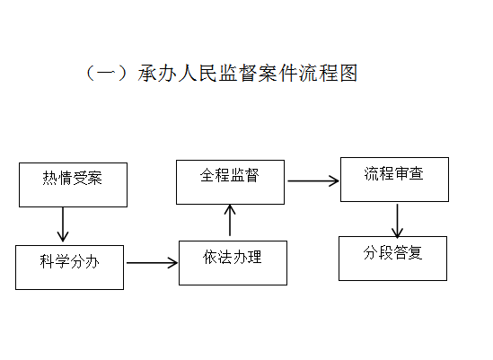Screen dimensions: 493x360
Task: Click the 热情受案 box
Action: click(x=73, y=185)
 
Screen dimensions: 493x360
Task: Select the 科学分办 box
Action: click(x=69, y=268)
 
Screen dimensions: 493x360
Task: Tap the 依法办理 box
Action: click(x=233, y=263)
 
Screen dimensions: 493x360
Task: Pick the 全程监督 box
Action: click(x=231, y=182)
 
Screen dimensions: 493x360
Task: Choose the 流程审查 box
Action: click(x=394, y=180)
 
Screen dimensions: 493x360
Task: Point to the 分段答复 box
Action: click(x=392, y=259)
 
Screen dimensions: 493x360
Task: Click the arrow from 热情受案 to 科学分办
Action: click(x=63, y=224)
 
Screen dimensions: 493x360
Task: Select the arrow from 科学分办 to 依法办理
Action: click(x=152, y=263)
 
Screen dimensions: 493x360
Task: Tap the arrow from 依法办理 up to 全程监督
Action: click(x=230, y=220)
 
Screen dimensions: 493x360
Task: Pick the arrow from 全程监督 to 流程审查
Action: click(x=313, y=180)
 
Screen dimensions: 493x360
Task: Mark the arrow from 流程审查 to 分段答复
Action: click(x=398, y=221)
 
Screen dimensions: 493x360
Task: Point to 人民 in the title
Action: click(x=198, y=74)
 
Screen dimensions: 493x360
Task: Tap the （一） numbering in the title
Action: click(x=107, y=74)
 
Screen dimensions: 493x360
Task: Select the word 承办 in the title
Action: click(x=157, y=74)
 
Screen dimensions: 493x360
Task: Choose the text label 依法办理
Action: click(x=233, y=257)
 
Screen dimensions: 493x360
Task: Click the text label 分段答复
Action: click(x=392, y=252)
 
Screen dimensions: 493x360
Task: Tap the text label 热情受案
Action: click(x=73, y=178)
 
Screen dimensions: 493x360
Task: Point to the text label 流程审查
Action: click(x=394, y=173)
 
